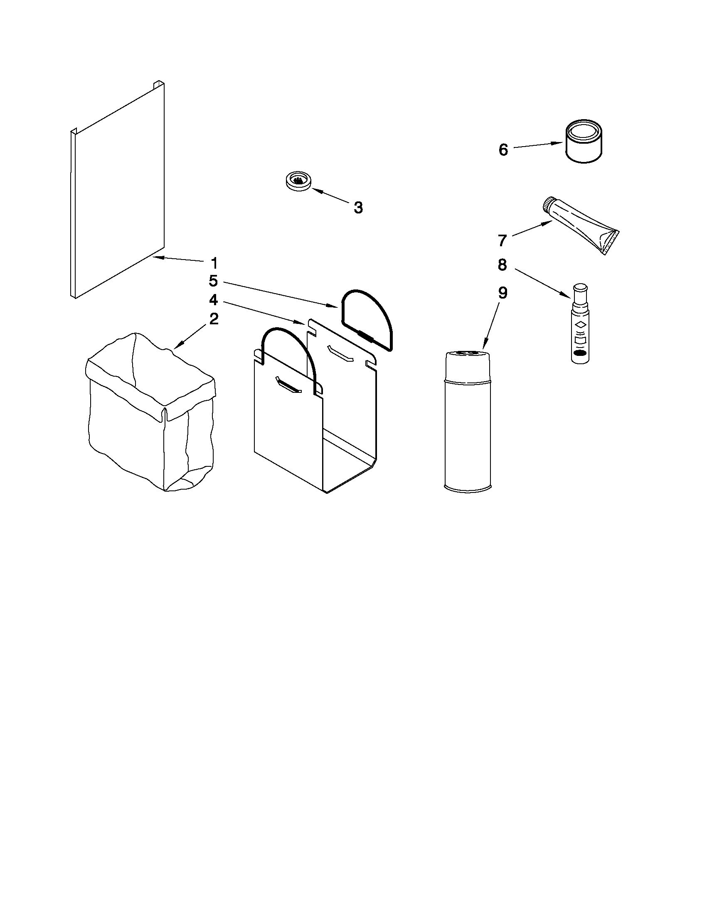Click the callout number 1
214,263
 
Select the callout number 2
214,319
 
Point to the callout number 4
214,300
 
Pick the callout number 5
214,281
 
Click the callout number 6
503,150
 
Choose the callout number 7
503,240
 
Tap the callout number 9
503,293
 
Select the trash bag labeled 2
151,419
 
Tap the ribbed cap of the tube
547,205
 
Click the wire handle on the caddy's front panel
289,347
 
